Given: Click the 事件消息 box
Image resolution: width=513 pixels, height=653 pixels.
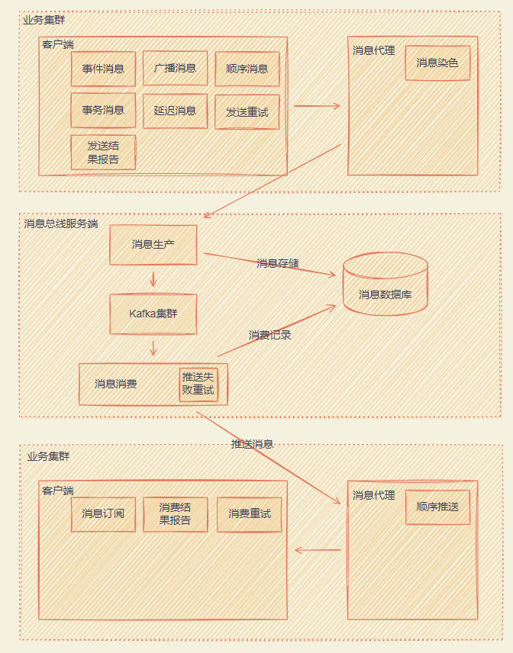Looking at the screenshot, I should pyautogui.click(x=103, y=69).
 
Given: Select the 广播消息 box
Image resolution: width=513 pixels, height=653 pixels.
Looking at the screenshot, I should pyautogui.click(x=175, y=68).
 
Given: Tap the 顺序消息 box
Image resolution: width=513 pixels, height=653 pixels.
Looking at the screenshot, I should pyautogui.click(x=247, y=69).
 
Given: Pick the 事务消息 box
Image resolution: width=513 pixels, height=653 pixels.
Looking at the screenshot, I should pyautogui.click(x=103, y=110).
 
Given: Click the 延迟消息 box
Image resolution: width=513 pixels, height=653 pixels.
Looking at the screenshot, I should pyautogui.click(x=175, y=111).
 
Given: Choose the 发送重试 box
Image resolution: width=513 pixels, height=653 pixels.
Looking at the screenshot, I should pyautogui.click(x=247, y=112).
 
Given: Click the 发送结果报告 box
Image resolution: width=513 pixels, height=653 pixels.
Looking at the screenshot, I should pyautogui.click(x=103, y=152).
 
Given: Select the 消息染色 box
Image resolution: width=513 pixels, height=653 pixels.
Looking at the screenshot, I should pyautogui.click(x=437, y=63).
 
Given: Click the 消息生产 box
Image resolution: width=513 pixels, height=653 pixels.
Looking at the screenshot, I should pyautogui.click(x=153, y=244).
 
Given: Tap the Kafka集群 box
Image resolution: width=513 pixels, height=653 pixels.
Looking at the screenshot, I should pyautogui.click(x=153, y=314).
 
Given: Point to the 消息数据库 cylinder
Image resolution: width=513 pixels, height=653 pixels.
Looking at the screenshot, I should pyautogui.click(x=385, y=285).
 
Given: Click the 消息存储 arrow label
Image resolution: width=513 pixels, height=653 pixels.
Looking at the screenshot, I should pyautogui.click(x=278, y=263).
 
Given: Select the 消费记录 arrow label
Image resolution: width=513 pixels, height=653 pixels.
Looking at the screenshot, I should pyautogui.click(x=270, y=334).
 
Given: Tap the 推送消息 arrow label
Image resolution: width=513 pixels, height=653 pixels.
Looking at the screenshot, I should pyautogui.click(x=252, y=443).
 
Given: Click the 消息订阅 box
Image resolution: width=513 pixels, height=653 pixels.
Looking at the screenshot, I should pyautogui.click(x=103, y=513).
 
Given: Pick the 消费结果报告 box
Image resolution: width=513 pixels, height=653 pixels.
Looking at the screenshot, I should pyautogui.click(x=175, y=513).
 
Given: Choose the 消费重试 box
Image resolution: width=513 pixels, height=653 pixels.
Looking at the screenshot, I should pyautogui.click(x=250, y=513).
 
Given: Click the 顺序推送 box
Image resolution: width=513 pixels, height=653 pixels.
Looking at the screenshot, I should pyautogui.click(x=437, y=507).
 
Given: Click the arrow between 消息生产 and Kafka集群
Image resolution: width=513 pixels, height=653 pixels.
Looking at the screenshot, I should pyautogui.click(x=153, y=278).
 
